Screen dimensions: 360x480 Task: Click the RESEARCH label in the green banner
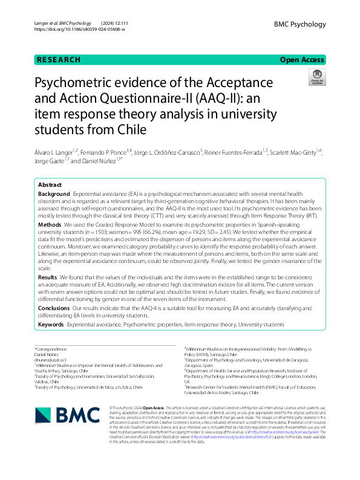tap(59, 60)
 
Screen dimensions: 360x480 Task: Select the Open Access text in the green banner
tap(303, 60)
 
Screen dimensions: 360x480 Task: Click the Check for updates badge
tap(316, 77)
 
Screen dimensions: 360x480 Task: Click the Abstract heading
tap(50, 184)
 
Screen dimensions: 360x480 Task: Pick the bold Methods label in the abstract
tap(49, 224)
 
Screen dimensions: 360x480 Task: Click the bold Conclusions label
tap(54, 308)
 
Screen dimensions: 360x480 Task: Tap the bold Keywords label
tap(51, 325)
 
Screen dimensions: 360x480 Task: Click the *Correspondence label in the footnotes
tap(52, 349)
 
